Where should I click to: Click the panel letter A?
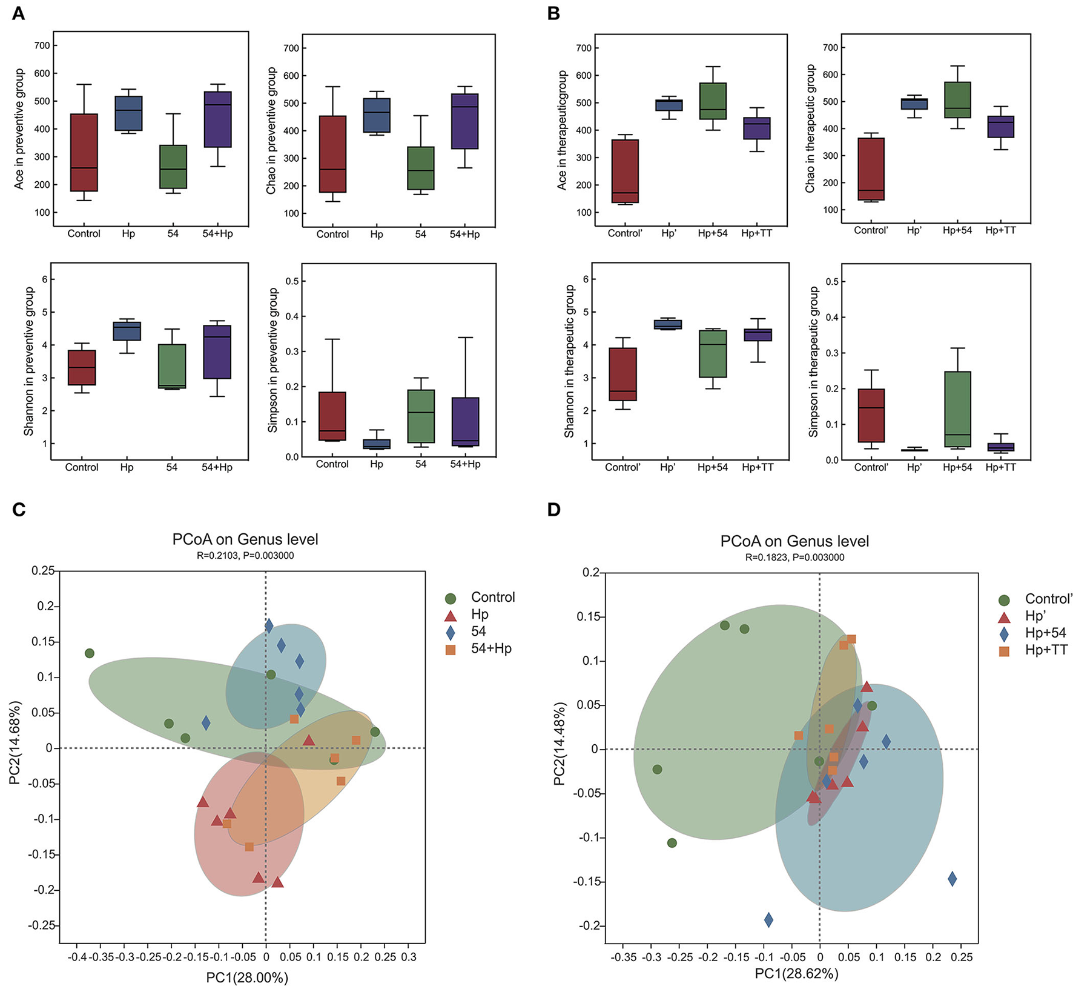[19, 13]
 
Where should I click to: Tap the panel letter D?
[553, 510]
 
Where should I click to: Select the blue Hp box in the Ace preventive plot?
[128, 113]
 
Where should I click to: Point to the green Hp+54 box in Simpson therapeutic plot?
[957, 409]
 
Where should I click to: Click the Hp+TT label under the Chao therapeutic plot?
[1000, 230]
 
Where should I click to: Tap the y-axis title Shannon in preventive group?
[28, 361]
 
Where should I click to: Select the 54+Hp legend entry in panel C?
[491, 648]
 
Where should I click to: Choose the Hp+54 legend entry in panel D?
[1045, 633]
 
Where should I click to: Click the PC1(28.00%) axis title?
[247, 977]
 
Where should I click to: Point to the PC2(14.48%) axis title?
[560, 744]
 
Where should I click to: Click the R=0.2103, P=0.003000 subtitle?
[245, 555]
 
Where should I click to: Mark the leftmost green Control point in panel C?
[90, 653]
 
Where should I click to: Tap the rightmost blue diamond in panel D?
[952, 879]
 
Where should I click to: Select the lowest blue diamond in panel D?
[768, 920]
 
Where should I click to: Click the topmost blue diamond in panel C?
[269, 626]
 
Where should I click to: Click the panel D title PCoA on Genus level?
[794, 541]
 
